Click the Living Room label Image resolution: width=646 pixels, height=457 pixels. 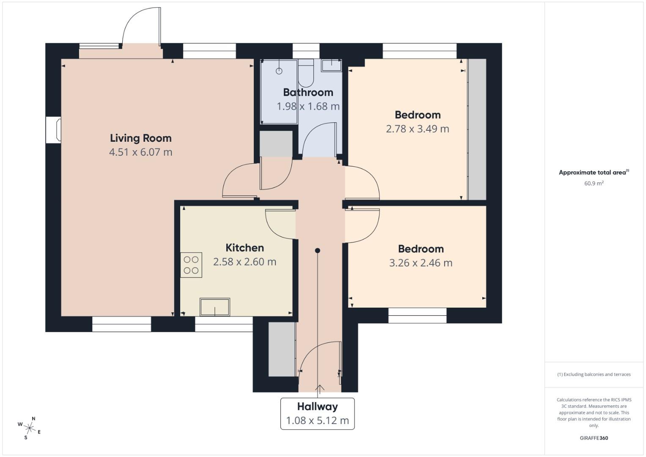pos(140,138)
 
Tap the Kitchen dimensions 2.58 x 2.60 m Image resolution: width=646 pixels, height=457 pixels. pos(245,262)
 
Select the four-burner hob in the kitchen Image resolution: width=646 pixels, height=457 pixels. pos(191,265)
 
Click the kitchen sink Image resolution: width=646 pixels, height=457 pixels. pos(215,307)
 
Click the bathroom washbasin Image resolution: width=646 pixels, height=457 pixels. pos(332,65)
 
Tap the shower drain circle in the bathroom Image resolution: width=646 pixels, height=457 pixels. pos(279,71)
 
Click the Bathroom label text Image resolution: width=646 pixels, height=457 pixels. pos(308,92)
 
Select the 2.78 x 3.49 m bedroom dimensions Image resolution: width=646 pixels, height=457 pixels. pos(417,129)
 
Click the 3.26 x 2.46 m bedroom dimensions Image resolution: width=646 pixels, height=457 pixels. pos(421,263)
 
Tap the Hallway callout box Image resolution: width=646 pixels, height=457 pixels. pos(317,413)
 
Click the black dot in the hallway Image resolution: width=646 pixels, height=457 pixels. pos(317,251)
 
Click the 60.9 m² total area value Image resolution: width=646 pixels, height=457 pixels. pos(594,183)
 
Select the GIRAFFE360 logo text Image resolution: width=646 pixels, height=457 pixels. pos(594,438)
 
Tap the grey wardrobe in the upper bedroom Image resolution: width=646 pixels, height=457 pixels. pos(477,129)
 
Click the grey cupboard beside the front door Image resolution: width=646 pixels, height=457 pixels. pos(282,350)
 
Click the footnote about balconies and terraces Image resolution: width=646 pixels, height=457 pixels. pos(594,374)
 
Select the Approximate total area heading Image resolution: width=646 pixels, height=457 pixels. pos(593,172)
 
